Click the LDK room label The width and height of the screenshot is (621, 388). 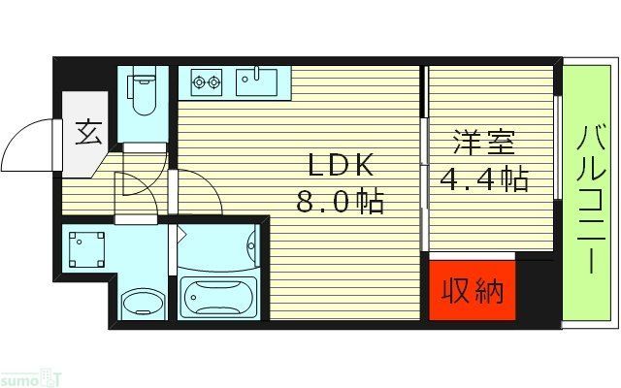click(341, 165)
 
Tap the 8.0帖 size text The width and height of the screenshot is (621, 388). click(341, 202)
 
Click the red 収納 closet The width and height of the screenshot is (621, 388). click(474, 290)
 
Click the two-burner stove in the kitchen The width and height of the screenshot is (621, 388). click(207, 82)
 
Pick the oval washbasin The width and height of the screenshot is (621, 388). click(143, 302)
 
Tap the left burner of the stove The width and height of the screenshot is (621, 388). click(199, 82)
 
